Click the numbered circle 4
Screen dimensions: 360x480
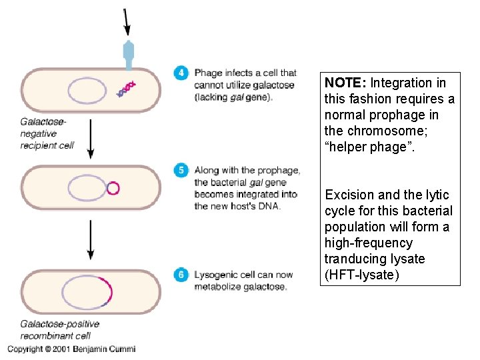click(x=181, y=73)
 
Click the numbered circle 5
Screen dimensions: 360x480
click(x=181, y=170)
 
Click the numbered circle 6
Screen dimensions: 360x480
click(x=181, y=274)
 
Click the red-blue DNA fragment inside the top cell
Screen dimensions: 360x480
click(x=126, y=89)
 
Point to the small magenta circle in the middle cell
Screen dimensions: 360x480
click(x=113, y=187)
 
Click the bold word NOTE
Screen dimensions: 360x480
click(x=345, y=83)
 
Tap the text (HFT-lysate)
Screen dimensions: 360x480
click(x=361, y=275)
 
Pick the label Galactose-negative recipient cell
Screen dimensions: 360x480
click(x=47, y=133)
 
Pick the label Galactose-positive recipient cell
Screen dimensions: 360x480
click(x=60, y=329)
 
